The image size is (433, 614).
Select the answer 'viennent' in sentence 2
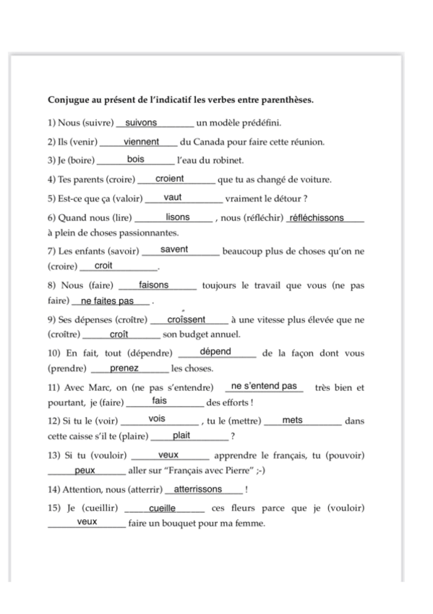pos(141,142)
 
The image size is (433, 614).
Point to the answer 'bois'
pos(136,160)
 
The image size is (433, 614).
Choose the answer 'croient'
pos(170,179)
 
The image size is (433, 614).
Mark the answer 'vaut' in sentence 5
pos(173,198)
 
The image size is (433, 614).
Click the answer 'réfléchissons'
pos(316,218)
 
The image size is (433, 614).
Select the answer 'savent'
pos(174,250)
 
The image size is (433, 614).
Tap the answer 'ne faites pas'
pos(108,301)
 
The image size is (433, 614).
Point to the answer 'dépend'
pos(215,352)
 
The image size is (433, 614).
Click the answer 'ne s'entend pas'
pos(263,387)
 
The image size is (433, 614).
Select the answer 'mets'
pos(293,420)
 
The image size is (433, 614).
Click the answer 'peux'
pos(85,471)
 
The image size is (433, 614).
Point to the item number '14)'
pos(54,490)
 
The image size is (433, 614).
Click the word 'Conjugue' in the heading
pos(68,101)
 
